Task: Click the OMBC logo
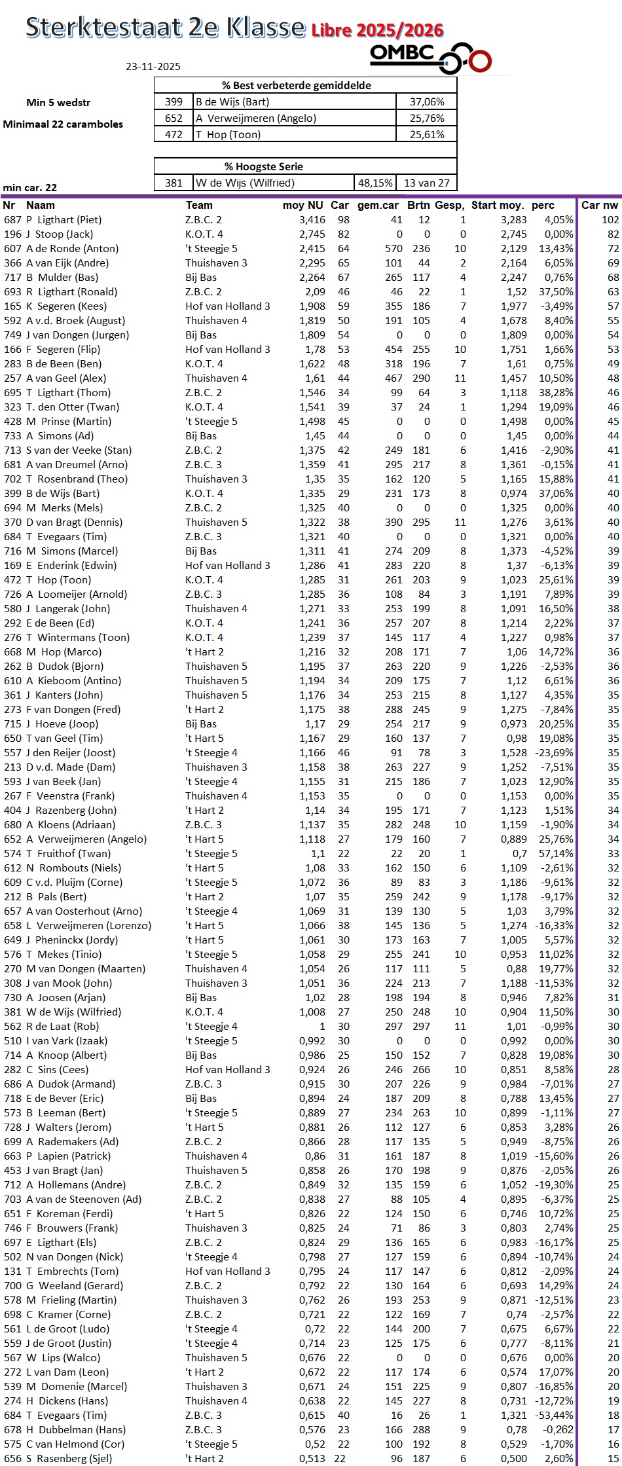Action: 430,58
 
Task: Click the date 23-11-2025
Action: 153,66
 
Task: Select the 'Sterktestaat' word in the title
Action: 103,27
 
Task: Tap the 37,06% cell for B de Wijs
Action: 426,101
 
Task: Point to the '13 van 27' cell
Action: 426,183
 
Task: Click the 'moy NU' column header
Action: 303,205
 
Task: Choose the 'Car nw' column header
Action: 599,205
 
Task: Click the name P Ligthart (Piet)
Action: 64,220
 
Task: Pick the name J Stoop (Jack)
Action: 60,234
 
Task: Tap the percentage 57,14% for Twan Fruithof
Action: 556,854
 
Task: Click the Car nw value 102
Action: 610,220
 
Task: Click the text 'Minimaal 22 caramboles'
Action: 63,124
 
